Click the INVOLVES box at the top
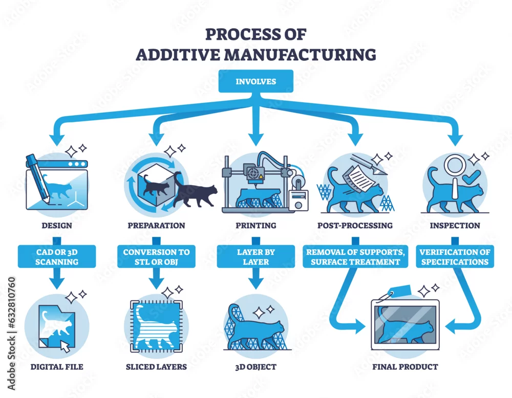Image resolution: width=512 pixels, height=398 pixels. (x=255, y=81)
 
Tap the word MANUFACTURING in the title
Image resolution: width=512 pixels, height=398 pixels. (x=300, y=54)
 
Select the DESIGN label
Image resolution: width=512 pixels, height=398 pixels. (x=57, y=226)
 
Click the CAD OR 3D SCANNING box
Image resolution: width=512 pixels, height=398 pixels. (x=57, y=257)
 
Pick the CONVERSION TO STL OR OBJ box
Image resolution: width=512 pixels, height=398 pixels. (x=156, y=257)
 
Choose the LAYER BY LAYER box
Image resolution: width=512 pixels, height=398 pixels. (x=256, y=257)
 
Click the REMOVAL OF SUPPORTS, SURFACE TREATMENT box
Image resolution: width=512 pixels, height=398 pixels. (x=355, y=257)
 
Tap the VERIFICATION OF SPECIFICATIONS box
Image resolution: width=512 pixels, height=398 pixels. (x=455, y=257)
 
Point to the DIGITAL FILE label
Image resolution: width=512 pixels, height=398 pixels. (x=57, y=367)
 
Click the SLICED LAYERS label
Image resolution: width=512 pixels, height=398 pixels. (x=156, y=367)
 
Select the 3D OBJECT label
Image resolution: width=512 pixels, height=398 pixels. (x=256, y=367)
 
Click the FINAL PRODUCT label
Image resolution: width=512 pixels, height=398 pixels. (x=405, y=367)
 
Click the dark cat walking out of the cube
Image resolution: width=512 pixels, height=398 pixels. (x=195, y=191)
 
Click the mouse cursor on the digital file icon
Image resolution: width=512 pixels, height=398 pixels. (x=66, y=347)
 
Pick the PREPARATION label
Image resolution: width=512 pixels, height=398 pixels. (x=156, y=226)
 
